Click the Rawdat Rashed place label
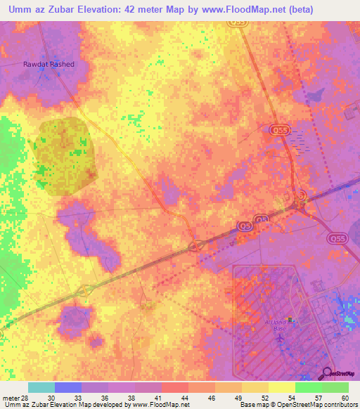pos(46,64)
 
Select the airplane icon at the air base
pos(281,337)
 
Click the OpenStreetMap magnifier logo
pos(327,372)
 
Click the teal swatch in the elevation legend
pos(41,387)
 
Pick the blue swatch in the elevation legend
pos(68,387)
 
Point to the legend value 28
pos(27,397)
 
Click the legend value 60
pos(344,397)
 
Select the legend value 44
pos(185,397)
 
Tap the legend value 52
pos(264,397)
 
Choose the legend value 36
pos(105,397)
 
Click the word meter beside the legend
pos(11,397)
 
